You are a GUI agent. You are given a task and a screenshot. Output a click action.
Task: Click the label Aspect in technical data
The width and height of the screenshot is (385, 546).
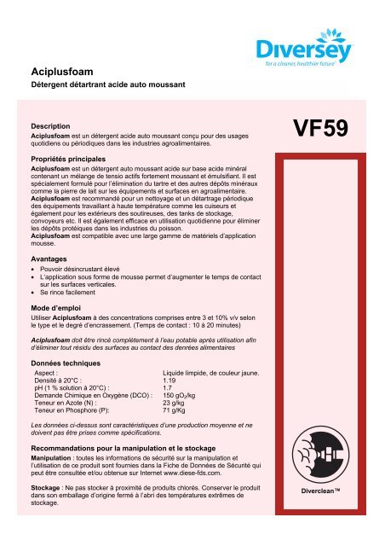click(46, 372)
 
